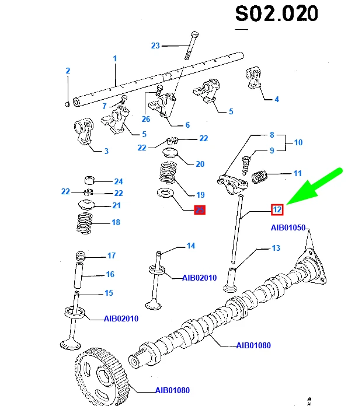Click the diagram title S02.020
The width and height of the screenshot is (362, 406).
(x=276, y=14)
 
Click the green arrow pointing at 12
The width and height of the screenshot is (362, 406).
(x=316, y=190)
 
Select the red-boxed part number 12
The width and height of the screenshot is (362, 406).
(x=278, y=209)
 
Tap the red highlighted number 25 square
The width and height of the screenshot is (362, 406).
(x=200, y=210)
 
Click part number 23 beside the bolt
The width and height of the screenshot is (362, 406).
(x=155, y=45)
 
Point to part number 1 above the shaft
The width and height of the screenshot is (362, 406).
(x=115, y=58)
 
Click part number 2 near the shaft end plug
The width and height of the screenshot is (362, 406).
(x=68, y=71)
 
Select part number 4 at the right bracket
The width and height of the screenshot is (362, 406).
(x=277, y=99)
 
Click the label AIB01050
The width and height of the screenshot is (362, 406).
(x=288, y=227)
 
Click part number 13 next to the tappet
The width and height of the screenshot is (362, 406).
(x=276, y=248)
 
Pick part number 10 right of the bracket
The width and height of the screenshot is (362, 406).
(x=298, y=142)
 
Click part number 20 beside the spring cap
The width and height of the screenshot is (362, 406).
(x=200, y=164)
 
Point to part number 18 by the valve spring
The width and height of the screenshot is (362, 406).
(x=115, y=222)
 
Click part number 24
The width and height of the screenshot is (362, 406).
(x=119, y=181)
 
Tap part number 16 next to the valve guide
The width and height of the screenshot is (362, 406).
(x=110, y=274)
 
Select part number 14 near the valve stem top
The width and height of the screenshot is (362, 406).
(x=190, y=246)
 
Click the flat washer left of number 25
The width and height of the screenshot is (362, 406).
(x=166, y=194)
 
